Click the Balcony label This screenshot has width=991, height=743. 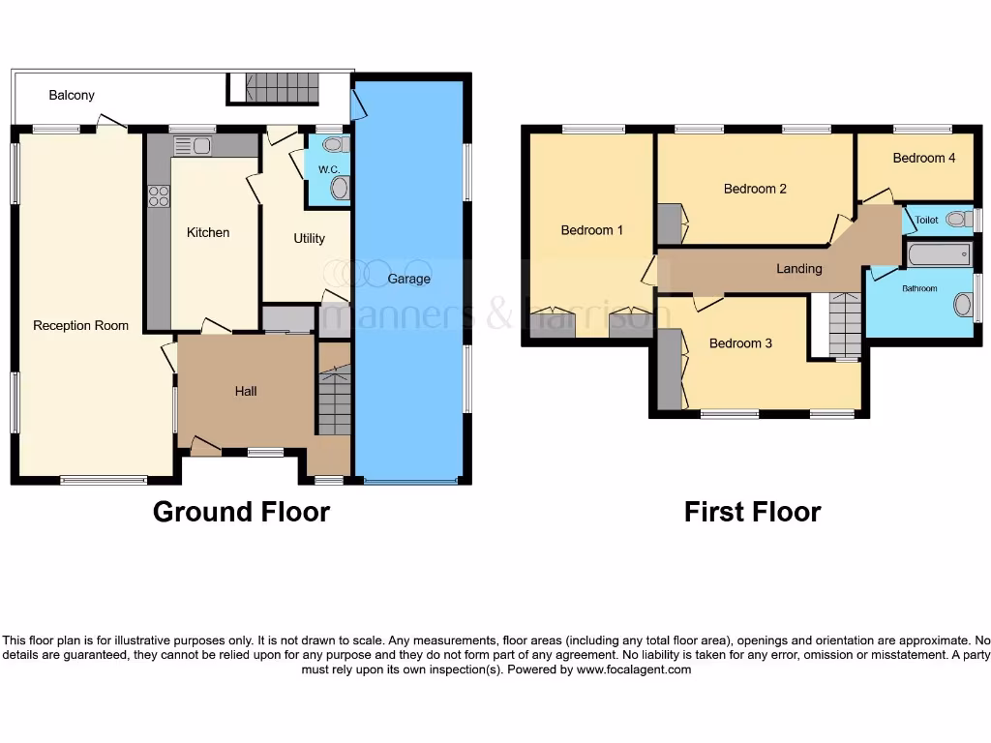coord(72,95)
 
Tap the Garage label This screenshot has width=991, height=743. coord(408,279)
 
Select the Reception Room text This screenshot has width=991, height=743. coord(80,325)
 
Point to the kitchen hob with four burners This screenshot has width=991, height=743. coord(158,196)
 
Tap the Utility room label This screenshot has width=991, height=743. coord(309,238)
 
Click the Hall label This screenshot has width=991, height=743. coord(246,391)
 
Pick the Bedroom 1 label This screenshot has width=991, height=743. coord(592,230)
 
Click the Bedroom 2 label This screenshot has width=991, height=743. coord(755,189)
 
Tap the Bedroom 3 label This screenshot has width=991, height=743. coord(740,343)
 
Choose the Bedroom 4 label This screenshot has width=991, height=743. coord(924,158)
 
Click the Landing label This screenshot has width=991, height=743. coord(799,268)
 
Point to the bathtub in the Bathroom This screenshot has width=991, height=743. coord(938,255)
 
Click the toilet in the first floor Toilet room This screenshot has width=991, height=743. coord(957,220)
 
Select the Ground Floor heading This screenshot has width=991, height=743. coord(241,511)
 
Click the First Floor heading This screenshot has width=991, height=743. coord(752,511)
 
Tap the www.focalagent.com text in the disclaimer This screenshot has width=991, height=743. coord(635,669)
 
